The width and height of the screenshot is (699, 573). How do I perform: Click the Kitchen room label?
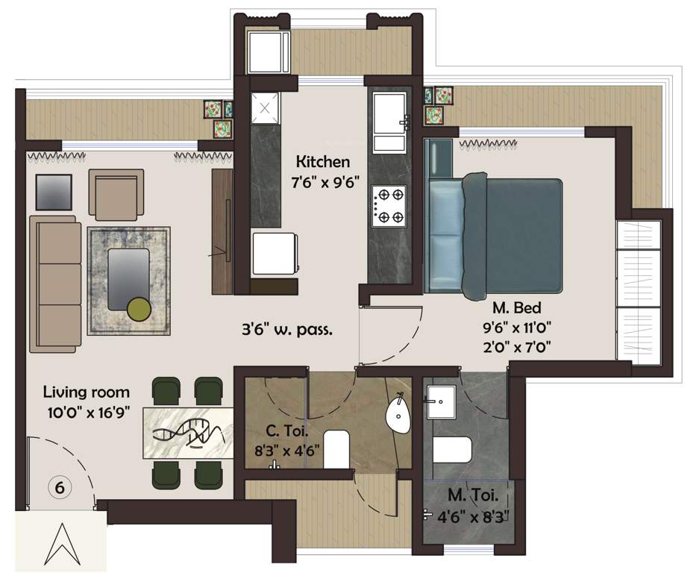coord(322,162)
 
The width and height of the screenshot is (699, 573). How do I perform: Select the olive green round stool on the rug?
coord(138,308)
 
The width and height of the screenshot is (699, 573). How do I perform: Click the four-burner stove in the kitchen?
coord(389,205)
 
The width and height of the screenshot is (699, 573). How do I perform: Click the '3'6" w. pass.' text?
coord(286,328)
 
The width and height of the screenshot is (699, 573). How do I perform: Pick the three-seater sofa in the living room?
coord(55,284)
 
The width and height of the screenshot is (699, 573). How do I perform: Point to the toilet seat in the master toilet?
coord(452,451)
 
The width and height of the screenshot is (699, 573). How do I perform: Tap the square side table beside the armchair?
coord(54,193)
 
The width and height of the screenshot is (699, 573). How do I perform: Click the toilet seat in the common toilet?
coord(336,448)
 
